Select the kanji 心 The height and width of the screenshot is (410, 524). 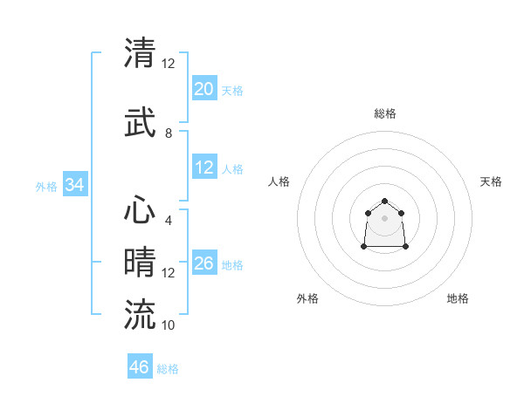140,210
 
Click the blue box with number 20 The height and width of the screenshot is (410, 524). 203,89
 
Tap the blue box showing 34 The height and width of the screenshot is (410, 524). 74,186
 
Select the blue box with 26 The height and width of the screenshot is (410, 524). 203,264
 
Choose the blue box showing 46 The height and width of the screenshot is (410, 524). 139,367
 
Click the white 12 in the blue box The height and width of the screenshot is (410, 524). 203,167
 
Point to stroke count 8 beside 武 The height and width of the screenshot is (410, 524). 169,133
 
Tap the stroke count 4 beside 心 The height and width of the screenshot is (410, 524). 168,220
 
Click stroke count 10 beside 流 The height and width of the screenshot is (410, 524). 169,325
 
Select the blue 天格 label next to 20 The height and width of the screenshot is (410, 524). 232,91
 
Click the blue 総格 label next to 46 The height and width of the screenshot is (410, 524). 168,369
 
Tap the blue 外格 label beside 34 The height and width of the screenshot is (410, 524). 46,187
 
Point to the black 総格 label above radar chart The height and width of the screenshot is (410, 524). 385,113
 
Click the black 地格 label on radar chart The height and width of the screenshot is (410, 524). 458,298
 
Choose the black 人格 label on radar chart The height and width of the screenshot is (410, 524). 279,181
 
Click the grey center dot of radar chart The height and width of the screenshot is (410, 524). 385,217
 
